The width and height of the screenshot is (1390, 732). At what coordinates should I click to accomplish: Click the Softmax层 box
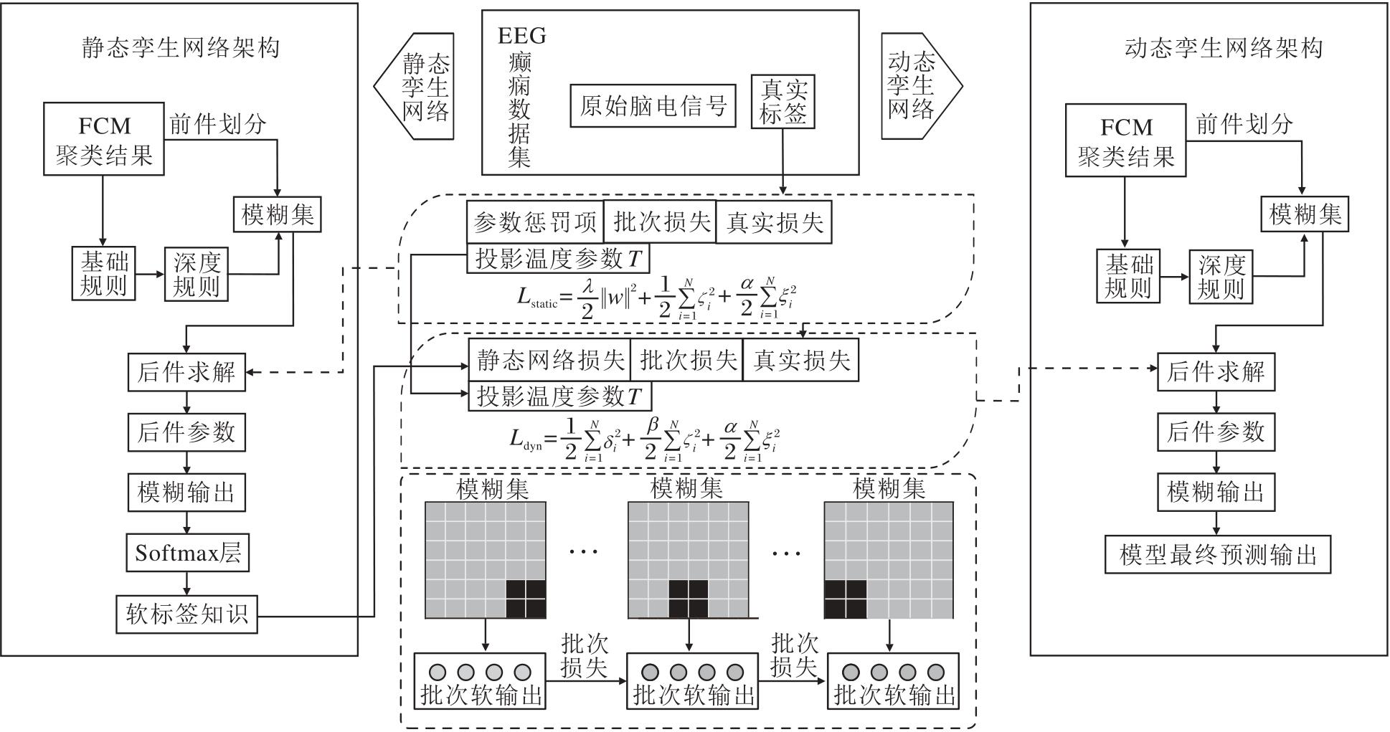(188, 552)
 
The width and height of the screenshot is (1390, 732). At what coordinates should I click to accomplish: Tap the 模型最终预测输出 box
(1217, 554)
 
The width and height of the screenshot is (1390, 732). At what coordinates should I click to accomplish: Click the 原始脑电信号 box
(653, 106)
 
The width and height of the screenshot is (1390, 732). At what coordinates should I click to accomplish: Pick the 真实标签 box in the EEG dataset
(783, 102)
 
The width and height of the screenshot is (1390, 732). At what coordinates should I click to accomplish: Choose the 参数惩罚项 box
(534, 222)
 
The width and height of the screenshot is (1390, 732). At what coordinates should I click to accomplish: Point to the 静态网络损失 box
(549, 360)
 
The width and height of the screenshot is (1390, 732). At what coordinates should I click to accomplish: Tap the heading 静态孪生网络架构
(180, 48)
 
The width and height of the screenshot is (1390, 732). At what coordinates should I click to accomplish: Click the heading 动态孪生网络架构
(1223, 48)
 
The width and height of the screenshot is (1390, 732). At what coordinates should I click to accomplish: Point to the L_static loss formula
(656, 298)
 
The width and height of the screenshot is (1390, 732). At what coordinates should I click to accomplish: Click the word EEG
(521, 35)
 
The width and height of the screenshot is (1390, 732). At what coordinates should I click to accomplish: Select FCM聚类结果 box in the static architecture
(104, 139)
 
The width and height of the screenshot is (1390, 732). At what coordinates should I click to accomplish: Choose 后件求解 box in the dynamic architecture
(1216, 371)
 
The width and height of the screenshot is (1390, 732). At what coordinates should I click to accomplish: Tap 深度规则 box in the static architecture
(196, 275)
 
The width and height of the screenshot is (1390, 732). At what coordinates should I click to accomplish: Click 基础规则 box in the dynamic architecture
(1127, 276)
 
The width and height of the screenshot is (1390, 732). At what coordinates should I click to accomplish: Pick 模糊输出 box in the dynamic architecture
(1216, 492)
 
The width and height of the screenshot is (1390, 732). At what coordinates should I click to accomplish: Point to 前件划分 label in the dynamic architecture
(1244, 125)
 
